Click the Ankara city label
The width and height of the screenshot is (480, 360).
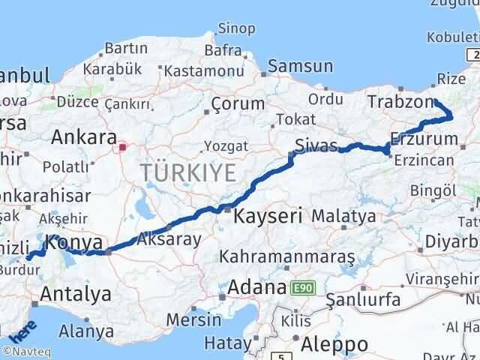click(84, 137)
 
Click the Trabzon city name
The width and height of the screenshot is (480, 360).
click(400, 103)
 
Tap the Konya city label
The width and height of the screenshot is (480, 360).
click(73, 243)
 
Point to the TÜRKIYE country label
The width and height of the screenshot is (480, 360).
click(187, 172)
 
